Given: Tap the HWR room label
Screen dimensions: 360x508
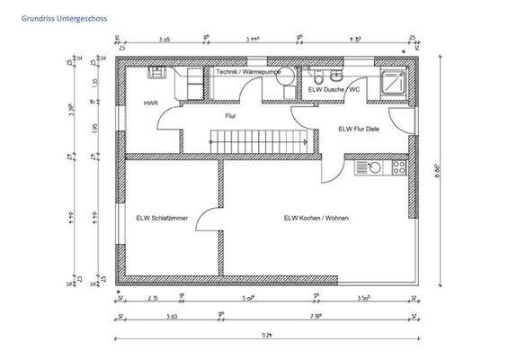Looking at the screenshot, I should coord(150,103).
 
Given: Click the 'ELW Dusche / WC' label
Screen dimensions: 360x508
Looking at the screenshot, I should coord(334,90).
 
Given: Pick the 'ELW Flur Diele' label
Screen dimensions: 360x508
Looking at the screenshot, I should coord(358,129).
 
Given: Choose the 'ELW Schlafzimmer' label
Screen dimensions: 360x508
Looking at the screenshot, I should coord(162,218).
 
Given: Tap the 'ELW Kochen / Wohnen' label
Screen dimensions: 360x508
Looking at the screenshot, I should coord(316,218).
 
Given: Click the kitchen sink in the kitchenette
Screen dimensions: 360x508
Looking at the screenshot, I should coord(364,166).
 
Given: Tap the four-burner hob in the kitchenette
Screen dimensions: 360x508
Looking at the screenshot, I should coord(395,166).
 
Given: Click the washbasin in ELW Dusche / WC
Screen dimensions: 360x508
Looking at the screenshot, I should coord(334,76).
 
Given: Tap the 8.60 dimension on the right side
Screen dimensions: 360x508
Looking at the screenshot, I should coord(438,168).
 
